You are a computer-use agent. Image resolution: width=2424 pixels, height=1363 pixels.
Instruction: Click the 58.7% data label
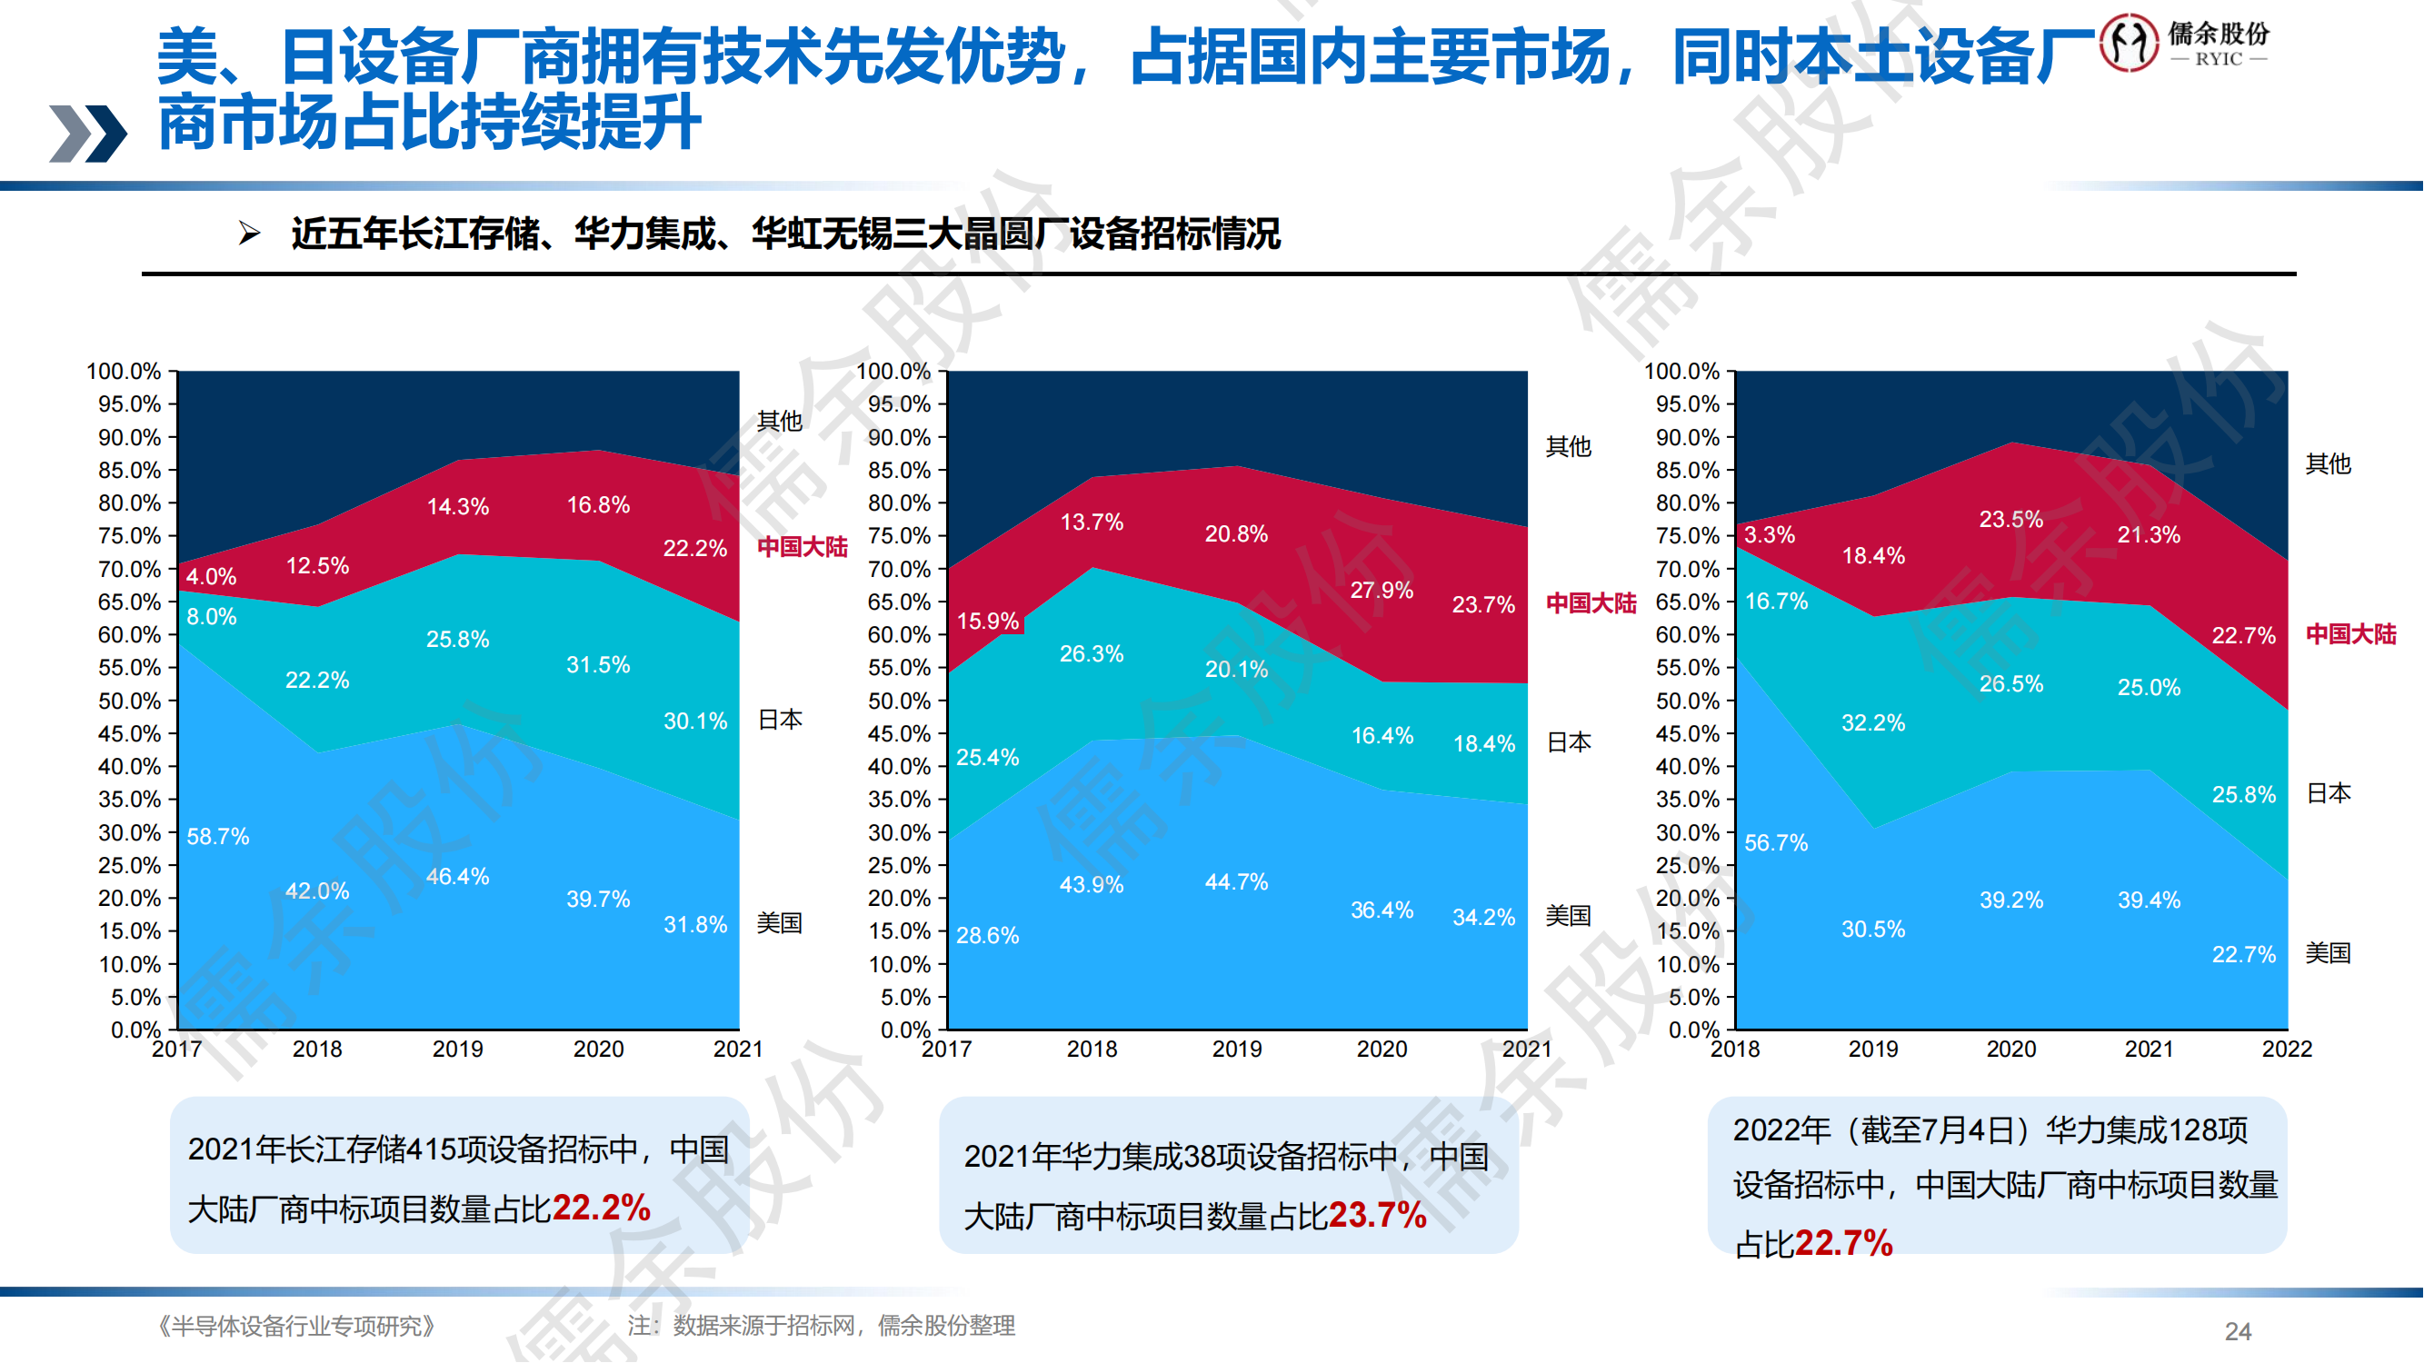click(x=217, y=836)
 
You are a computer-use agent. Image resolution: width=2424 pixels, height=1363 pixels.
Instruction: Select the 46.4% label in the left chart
click(x=457, y=877)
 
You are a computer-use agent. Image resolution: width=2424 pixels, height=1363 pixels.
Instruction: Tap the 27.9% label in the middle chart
click(x=1382, y=590)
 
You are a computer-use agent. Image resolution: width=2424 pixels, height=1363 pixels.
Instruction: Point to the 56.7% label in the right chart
click(x=1776, y=843)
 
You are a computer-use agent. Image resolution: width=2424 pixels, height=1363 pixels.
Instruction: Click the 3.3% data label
click(x=1769, y=535)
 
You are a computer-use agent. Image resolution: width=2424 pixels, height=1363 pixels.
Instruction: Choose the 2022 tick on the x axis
click(x=2287, y=1049)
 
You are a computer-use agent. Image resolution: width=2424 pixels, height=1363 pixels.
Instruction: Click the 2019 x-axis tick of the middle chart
click(x=1236, y=1049)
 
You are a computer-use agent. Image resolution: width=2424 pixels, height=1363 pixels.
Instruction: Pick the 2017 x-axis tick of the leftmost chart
click(x=177, y=1049)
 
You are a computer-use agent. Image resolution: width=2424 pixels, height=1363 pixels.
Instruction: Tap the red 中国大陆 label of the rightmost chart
click(x=2350, y=634)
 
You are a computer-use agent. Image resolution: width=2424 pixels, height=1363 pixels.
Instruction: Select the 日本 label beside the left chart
click(x=780, y=720)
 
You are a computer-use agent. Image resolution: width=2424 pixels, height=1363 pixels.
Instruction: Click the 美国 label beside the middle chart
click(x=1568, y=915)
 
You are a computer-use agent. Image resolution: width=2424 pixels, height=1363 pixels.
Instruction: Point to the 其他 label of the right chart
click(x=2328, y=463)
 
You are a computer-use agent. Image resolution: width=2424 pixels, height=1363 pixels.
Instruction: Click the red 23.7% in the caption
click(x=1377, y=1215)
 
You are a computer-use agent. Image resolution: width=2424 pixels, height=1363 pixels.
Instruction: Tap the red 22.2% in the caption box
click(x=602, y=1208)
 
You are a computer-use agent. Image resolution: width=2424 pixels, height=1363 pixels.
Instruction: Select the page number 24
click(x=2238, y=1331)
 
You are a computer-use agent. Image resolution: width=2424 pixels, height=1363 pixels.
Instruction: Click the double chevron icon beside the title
click(x=87, y=133)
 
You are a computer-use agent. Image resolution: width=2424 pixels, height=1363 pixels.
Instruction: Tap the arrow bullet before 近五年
click(x=249, y=233)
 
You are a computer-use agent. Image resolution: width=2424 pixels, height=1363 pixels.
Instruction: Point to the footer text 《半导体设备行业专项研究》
click(x=295, y=1326)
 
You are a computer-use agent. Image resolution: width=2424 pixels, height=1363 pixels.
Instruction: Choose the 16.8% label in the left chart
click(x=597, y=505)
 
